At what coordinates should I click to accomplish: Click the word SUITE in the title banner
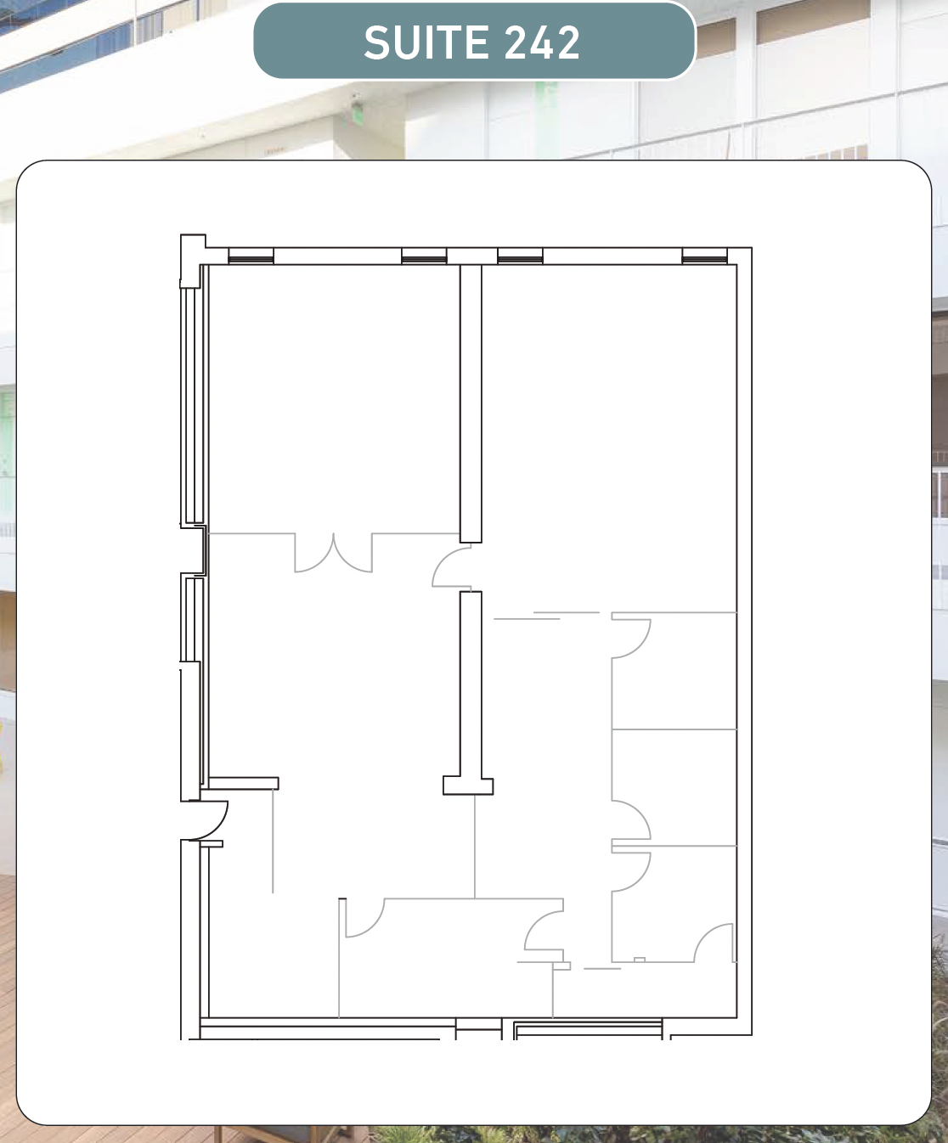(x=426, y=42)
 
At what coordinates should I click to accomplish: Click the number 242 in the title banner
(x=542, y=42)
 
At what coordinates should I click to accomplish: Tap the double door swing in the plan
(x=334, y=554)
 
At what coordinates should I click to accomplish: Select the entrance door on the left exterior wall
(x=209, y=820)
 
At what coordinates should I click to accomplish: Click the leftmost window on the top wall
(x=251, y=256)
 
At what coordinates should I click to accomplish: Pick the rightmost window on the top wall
(x=705, y=256)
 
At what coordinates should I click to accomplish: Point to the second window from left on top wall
(x=424, y=256)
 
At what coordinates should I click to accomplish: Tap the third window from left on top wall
(x=520, y=256)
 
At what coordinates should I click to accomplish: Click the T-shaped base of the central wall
(x=468, y=785)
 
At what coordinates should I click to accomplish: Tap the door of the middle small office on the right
(x=631, y=820)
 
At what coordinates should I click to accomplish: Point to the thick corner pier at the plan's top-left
(x=193, y=261)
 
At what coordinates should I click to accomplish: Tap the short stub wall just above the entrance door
(x=243, y=783)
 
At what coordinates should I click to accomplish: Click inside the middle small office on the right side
(x=674, y=786)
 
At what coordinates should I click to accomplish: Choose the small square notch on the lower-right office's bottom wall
(x=640, y=960)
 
